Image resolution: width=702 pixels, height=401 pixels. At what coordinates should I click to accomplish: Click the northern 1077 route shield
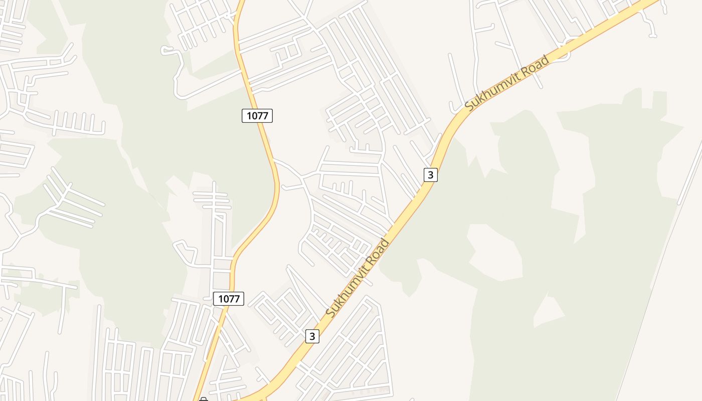pyautogui.click(x=257, y=116)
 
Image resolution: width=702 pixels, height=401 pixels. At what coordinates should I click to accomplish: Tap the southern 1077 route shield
pyautogui.click(x=229, y=299)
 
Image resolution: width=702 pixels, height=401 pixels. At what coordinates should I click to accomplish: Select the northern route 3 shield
pyautogui.click(x=430, y=175)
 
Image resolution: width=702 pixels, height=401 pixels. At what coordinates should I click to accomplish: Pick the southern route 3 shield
pyautogui.click(x=312, y=336)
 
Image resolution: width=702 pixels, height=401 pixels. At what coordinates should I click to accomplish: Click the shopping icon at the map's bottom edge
pyautogui.click(x=203, y=399)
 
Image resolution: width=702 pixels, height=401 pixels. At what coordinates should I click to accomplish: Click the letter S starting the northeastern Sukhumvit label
pyautogui.click(x=469, y=106)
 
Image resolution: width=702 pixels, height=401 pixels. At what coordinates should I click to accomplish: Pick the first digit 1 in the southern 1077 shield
pyautogui.click(x=220, y=299)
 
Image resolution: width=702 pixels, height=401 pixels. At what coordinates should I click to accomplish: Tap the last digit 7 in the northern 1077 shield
pyautogui.click(x=267, y=116)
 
